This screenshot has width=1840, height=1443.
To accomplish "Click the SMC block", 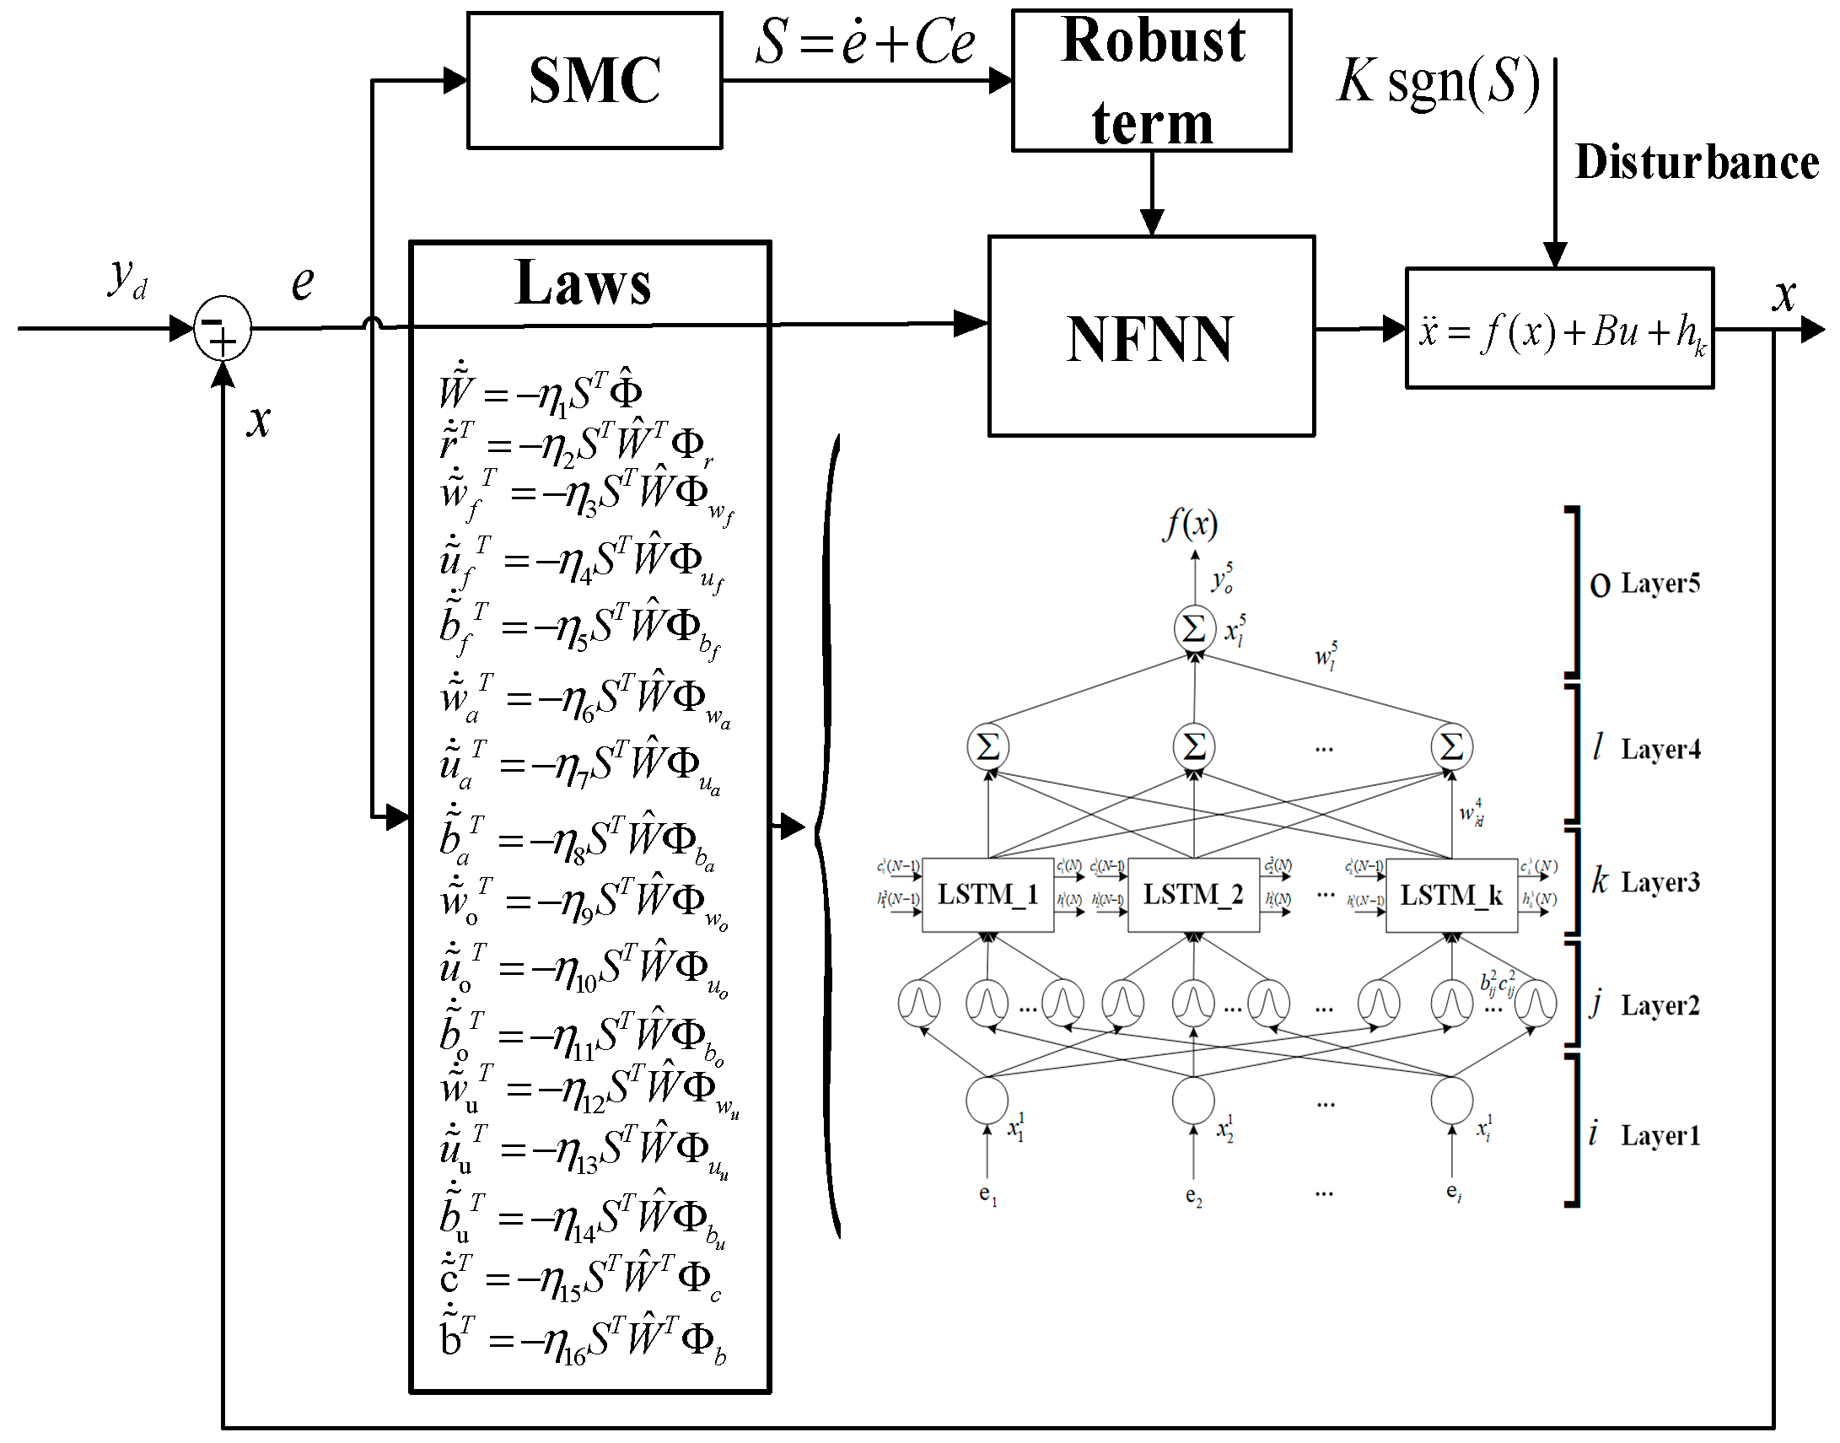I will pos(594,81).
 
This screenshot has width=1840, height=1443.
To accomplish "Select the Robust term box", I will pos(1151,81).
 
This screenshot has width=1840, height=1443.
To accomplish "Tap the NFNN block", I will pos(1151,337).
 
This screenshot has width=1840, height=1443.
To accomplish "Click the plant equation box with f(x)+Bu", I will pos(1558,329).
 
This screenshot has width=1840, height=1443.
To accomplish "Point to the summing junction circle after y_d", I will pos(222,329).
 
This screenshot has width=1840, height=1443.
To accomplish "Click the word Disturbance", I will pos(1696,162).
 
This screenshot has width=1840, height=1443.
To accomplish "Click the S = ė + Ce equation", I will pos(864,42).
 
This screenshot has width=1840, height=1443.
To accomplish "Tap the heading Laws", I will pos(583,283).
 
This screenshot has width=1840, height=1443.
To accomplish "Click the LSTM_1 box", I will pos(987,895).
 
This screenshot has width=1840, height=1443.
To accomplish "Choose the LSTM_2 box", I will pos(1193,895).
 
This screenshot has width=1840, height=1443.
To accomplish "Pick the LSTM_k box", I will pos(1450,895).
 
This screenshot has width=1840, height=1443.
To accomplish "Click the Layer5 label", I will pos(1660,583).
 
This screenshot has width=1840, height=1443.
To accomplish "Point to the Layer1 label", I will pos(1660,1135).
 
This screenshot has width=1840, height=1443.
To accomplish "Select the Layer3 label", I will pos(1660,882).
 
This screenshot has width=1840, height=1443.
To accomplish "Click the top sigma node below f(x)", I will pos(1194,628).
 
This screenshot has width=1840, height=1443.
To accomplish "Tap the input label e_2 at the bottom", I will pos(1193,1195).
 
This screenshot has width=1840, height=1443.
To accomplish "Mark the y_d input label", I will pos(127,278).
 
